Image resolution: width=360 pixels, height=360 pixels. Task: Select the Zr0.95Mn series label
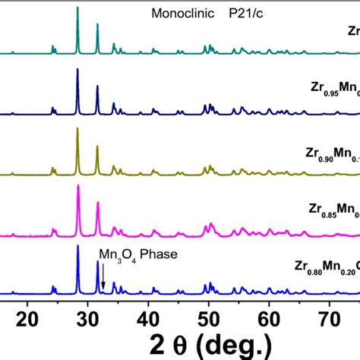pyautogui.click(x=327, y=96)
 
